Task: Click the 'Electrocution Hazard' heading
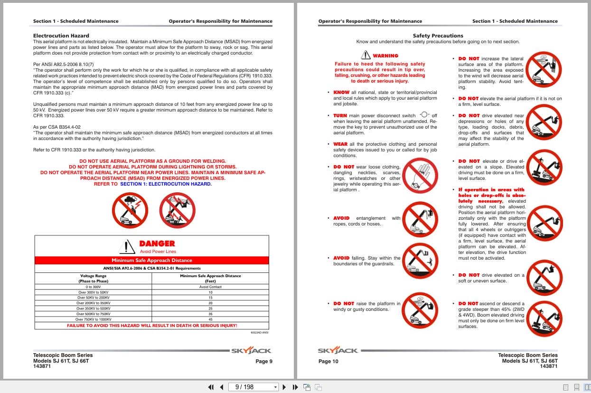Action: click(61, 36)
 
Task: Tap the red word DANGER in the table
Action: click(157, 243)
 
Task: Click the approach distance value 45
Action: click(210, 319)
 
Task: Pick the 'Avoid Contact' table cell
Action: click(210, 287)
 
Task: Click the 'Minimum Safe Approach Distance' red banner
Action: click(152, 260)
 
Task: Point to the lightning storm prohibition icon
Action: click(130, 210)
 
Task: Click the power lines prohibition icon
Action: click(177, 210)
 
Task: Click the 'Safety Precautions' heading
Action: click(438, 36)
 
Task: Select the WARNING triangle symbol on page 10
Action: click(365, 55)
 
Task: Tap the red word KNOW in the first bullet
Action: click(341, 93)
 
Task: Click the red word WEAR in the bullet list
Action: click(340, 144)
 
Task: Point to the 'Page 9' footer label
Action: click(264, 361)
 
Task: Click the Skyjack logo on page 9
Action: click(251, 351)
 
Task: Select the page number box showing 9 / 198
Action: click(253, 387)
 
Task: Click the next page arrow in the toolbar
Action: click(284, 387)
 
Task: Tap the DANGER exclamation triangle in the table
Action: click(126, 246)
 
